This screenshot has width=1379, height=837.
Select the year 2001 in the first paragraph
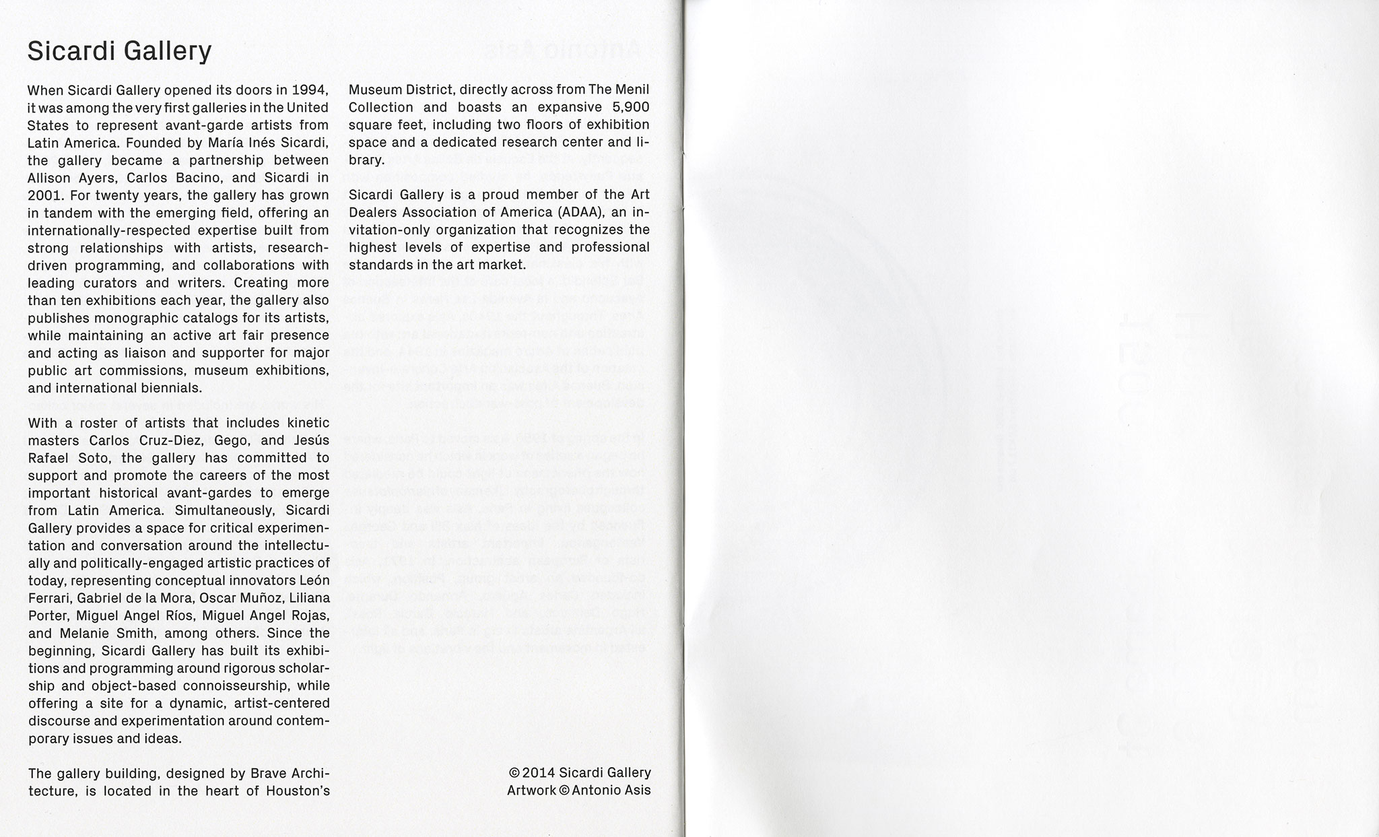[45, 195]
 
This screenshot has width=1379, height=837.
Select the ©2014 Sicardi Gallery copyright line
[580, 773]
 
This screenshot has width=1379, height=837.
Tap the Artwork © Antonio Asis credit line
[578, 791]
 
